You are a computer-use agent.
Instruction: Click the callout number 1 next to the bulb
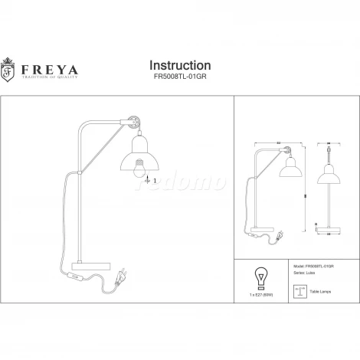coord(155,181)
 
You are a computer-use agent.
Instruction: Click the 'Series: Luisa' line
coord(305,272)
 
